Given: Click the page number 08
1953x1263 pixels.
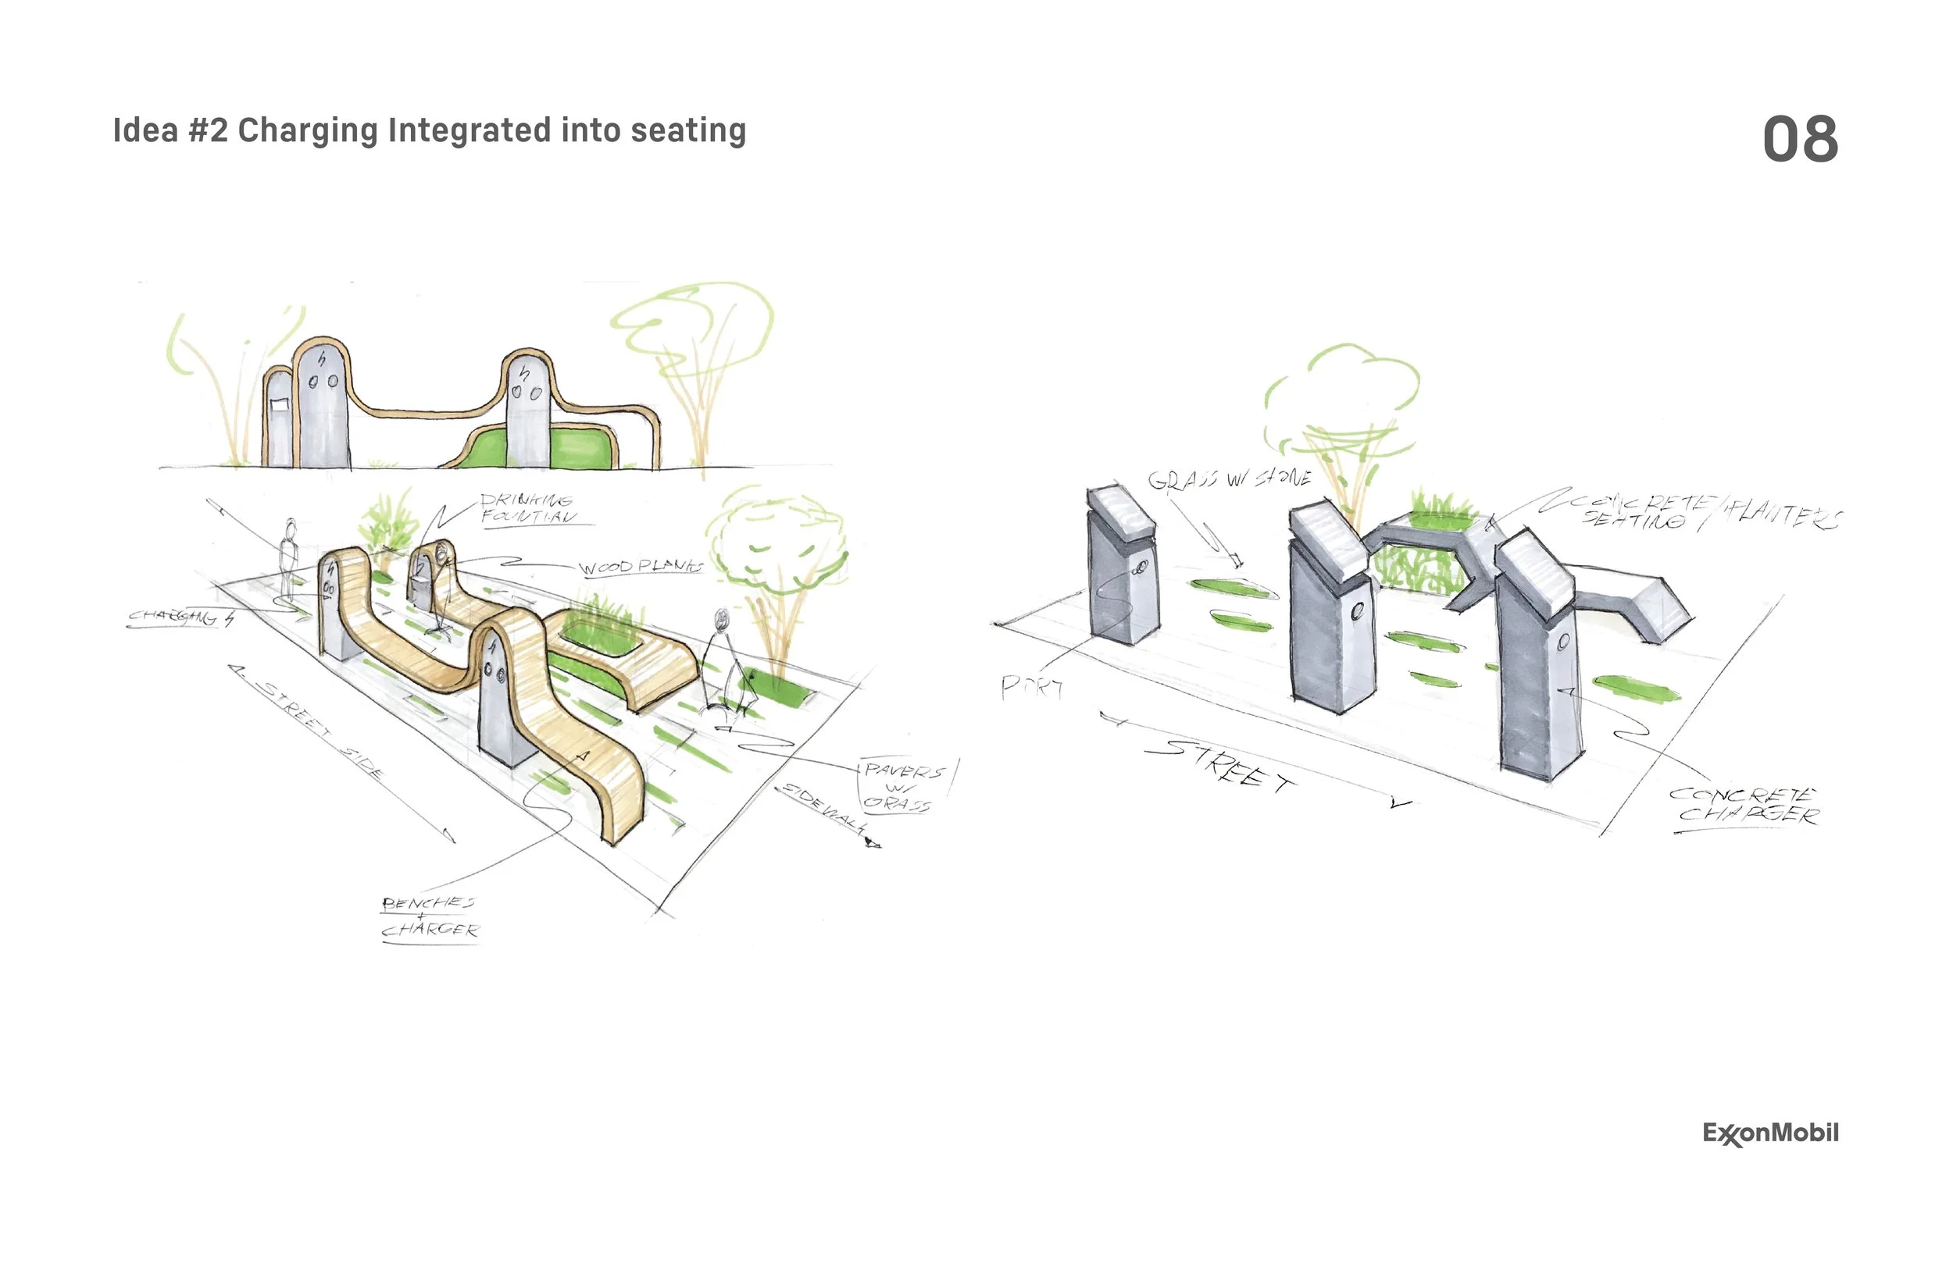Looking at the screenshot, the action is coord(1800,139).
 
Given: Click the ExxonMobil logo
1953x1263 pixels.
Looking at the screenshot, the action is coord(1770,1133).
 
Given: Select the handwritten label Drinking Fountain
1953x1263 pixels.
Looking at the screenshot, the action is coord(527,508).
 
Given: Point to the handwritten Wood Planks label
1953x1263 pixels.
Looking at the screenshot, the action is coord(641,567).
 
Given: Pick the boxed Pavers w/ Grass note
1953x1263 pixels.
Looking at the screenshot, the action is coord(900,787).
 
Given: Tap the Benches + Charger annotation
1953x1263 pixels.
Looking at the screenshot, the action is coord(429,917).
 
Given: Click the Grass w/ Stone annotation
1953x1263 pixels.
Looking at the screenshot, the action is coord(1228,479).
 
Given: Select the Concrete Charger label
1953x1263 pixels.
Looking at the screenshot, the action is coord(1745,805).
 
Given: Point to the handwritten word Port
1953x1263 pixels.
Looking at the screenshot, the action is coord(1030,687).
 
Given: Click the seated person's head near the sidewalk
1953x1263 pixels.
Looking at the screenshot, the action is coord(722,617).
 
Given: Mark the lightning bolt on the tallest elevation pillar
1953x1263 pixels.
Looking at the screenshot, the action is coord(322,358).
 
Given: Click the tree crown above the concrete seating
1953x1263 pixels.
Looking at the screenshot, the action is coord(1342,393).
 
